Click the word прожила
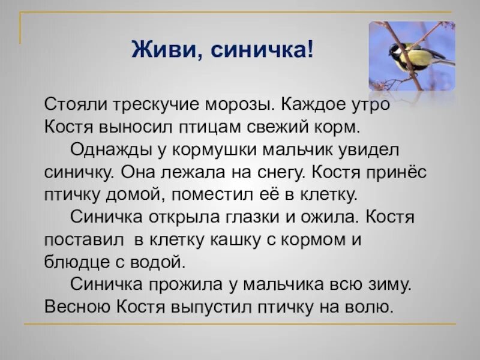(187, 284)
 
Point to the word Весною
(76, 307)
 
